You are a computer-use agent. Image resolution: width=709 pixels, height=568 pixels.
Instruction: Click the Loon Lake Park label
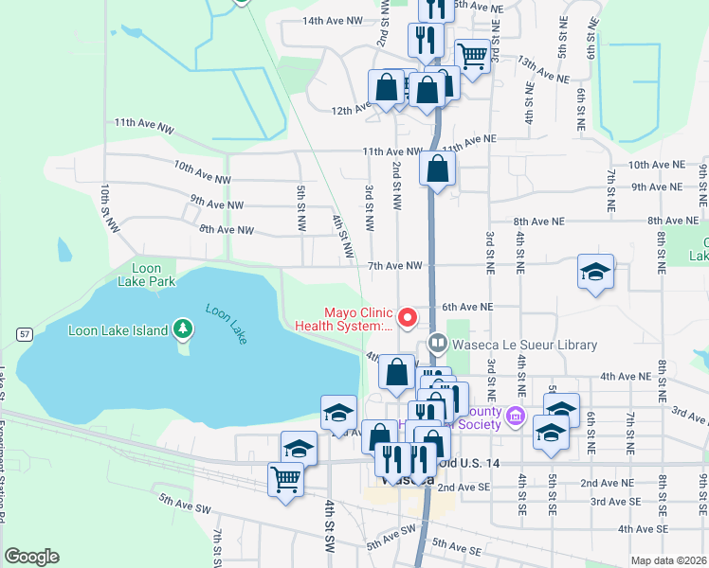(147, 275)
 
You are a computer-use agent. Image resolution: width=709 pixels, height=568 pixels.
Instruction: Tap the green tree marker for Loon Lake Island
(183, 330)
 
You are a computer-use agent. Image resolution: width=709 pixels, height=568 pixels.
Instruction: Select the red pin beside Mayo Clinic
(409, 317)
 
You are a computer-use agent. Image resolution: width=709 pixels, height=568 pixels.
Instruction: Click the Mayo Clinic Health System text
(358, 318)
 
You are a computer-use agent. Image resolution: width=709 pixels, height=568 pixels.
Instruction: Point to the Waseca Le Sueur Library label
(523, 345)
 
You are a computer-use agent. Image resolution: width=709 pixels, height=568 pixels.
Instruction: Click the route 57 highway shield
(26, 333)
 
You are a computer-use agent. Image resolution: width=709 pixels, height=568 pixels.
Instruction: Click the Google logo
(31, 557)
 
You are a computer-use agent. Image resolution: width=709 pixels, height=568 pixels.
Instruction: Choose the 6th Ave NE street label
(468, 307)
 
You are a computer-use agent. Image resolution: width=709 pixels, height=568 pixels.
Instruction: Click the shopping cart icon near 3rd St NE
(472, 56)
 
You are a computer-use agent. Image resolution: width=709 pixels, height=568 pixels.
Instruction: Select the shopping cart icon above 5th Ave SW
(285, 477)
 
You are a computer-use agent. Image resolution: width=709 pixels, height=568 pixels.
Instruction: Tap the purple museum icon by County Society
(516, 415)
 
